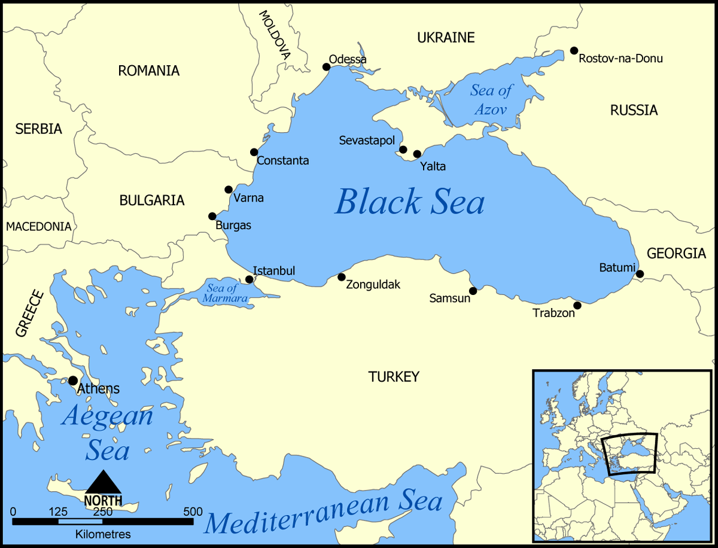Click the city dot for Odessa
[x=326, y=67]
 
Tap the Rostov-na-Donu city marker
[x=574, y=51]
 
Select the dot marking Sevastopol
[x=403, y=150]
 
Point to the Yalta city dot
[x=417, y=154]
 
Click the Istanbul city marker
[x=250, y=279]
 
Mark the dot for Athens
[x=73, y=380]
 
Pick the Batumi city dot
[x=640, y=274]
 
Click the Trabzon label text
[x=553, y=313]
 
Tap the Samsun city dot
[x=473, y=291]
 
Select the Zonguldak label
[x=373, y=285]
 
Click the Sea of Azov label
[x=491, y=100]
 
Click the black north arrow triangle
[x=104, y=482]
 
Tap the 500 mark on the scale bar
[x=193, y=512]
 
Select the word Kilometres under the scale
[x=103, y=534]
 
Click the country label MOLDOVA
[x=275, y=34]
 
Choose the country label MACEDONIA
[x=38, y=227]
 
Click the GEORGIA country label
[x=676, y=253]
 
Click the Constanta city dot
[x=254, y=152]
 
